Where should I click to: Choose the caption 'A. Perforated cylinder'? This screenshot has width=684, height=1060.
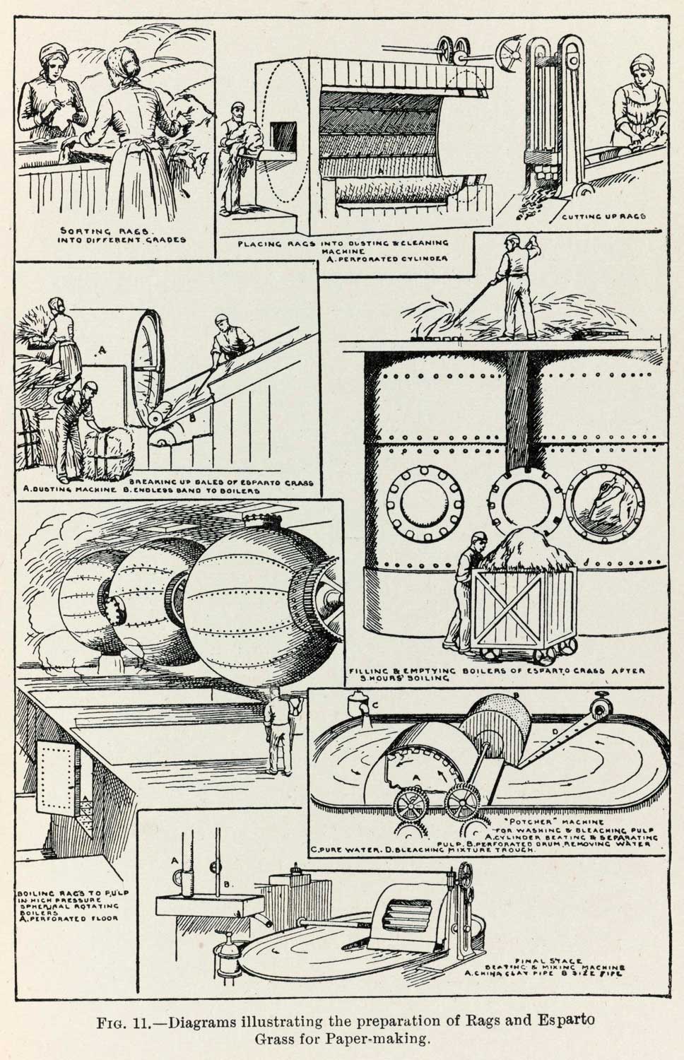(382, 259)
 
